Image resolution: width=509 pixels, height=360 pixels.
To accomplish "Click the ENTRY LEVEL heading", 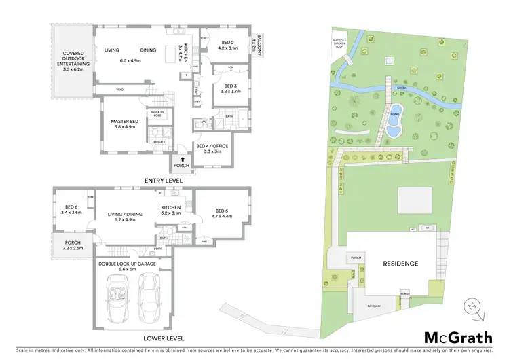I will tap(162, 180).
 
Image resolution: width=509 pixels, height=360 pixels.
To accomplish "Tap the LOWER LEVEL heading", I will tap(165, 338).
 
